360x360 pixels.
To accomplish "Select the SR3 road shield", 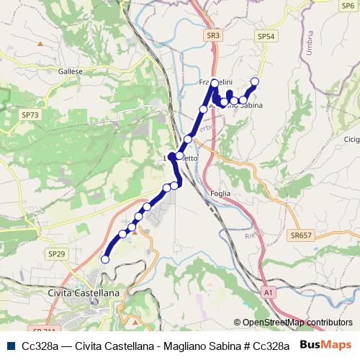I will (x=213, y=34).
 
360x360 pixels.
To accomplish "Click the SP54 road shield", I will (x=266, y=36).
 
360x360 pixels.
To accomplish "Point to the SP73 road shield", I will (x=30, y=114).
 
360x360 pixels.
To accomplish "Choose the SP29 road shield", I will (x=56, y=254).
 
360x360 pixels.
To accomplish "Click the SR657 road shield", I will (x=301, y=235).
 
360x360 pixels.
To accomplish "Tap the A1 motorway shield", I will (x=269, y=293).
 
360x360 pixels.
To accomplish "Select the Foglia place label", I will (x=220, y=193).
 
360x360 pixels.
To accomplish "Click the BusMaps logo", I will (x=326, y=345).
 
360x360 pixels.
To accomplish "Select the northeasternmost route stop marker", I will (x=254, y=81).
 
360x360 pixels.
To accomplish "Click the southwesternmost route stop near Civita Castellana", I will (x=105, y=259).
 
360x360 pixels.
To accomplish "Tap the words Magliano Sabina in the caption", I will (x=205, y=346).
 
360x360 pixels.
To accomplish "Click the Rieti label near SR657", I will (x=251, y=235).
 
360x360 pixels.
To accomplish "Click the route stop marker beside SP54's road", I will (x=243, y=101).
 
